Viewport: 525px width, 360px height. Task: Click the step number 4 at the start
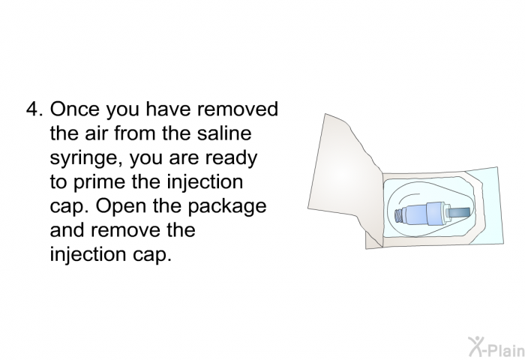point(32,110)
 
